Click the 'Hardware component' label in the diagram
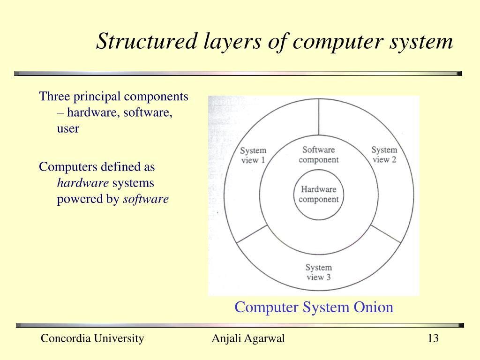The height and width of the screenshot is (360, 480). tap(318, 195)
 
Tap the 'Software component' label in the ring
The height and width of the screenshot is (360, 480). tap(318, 155)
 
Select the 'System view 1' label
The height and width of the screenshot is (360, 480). tap(253, 155)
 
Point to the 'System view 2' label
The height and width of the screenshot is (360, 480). tap(384, 155)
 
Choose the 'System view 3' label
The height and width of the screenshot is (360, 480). tap(318, 272)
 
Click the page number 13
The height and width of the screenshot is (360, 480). tap(433, 338)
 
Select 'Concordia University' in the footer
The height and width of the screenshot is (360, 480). tap(92, 338)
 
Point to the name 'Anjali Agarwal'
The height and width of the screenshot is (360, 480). tap(248, 338)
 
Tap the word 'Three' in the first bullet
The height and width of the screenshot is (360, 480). tap(54, 97)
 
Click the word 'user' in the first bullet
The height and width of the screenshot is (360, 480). tap(68, 128)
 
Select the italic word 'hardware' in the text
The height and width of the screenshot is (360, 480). tap(83, 183)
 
